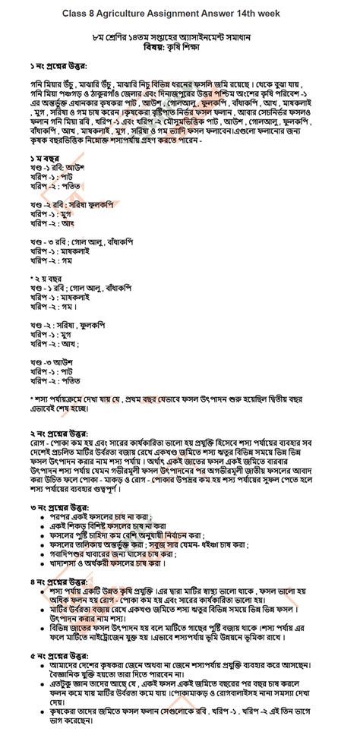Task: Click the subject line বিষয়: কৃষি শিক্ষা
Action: coord(180,46)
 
